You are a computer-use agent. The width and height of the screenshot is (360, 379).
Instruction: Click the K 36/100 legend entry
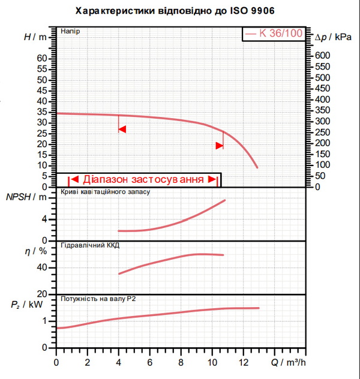click(274, 34)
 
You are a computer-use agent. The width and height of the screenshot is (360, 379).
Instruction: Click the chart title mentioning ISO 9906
click(175, 11)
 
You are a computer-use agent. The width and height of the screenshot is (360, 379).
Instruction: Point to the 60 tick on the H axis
click(42, 58)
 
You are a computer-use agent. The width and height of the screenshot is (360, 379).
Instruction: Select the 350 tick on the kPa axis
click(323, 110)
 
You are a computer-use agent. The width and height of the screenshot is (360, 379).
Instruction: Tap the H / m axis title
click(35, 37)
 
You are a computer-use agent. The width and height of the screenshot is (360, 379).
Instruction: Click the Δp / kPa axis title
click(333, 37)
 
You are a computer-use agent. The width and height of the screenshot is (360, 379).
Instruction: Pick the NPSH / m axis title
click(26, 197)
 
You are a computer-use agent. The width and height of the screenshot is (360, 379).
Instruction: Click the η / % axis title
click(36, 251)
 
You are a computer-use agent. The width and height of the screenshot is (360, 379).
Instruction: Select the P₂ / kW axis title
click(26, 305)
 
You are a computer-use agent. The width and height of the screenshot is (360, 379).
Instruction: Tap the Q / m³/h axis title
click(288, 363)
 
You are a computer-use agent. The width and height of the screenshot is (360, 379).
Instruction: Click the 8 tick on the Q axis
click(181, 363)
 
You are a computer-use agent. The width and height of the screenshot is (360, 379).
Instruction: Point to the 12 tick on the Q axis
click(243, 363)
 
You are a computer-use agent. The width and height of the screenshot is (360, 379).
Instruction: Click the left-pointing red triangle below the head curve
click(122, 130)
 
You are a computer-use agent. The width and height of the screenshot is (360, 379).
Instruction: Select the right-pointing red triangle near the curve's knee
click(220, 146)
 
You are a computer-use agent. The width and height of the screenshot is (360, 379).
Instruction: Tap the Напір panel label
click(70, 31)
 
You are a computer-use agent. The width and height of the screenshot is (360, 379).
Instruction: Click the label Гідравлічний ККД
click(90, 245)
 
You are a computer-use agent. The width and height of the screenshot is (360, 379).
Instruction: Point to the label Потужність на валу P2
click(98, 299)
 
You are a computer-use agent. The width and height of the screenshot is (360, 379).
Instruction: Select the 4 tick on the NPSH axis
click(44, 219)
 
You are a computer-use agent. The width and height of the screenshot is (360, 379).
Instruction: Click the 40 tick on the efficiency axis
click(42, 267)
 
